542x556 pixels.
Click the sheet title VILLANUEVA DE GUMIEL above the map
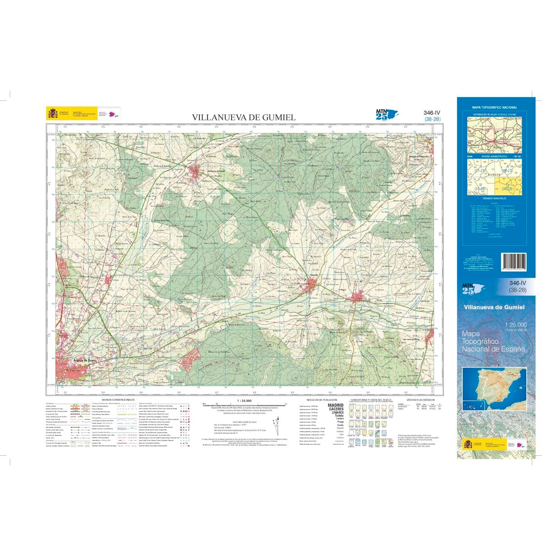pyautogui.click(x=244, y=118)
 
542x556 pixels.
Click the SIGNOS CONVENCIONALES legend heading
pyautogui.click(x=118, y=401)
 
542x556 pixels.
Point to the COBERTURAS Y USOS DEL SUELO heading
pyautogui.click(x=369, y=401)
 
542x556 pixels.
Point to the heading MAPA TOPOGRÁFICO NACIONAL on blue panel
pyautogui.click(x=494, y=108)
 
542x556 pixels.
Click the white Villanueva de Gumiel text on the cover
pyautogui.click(x=494, y=307)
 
